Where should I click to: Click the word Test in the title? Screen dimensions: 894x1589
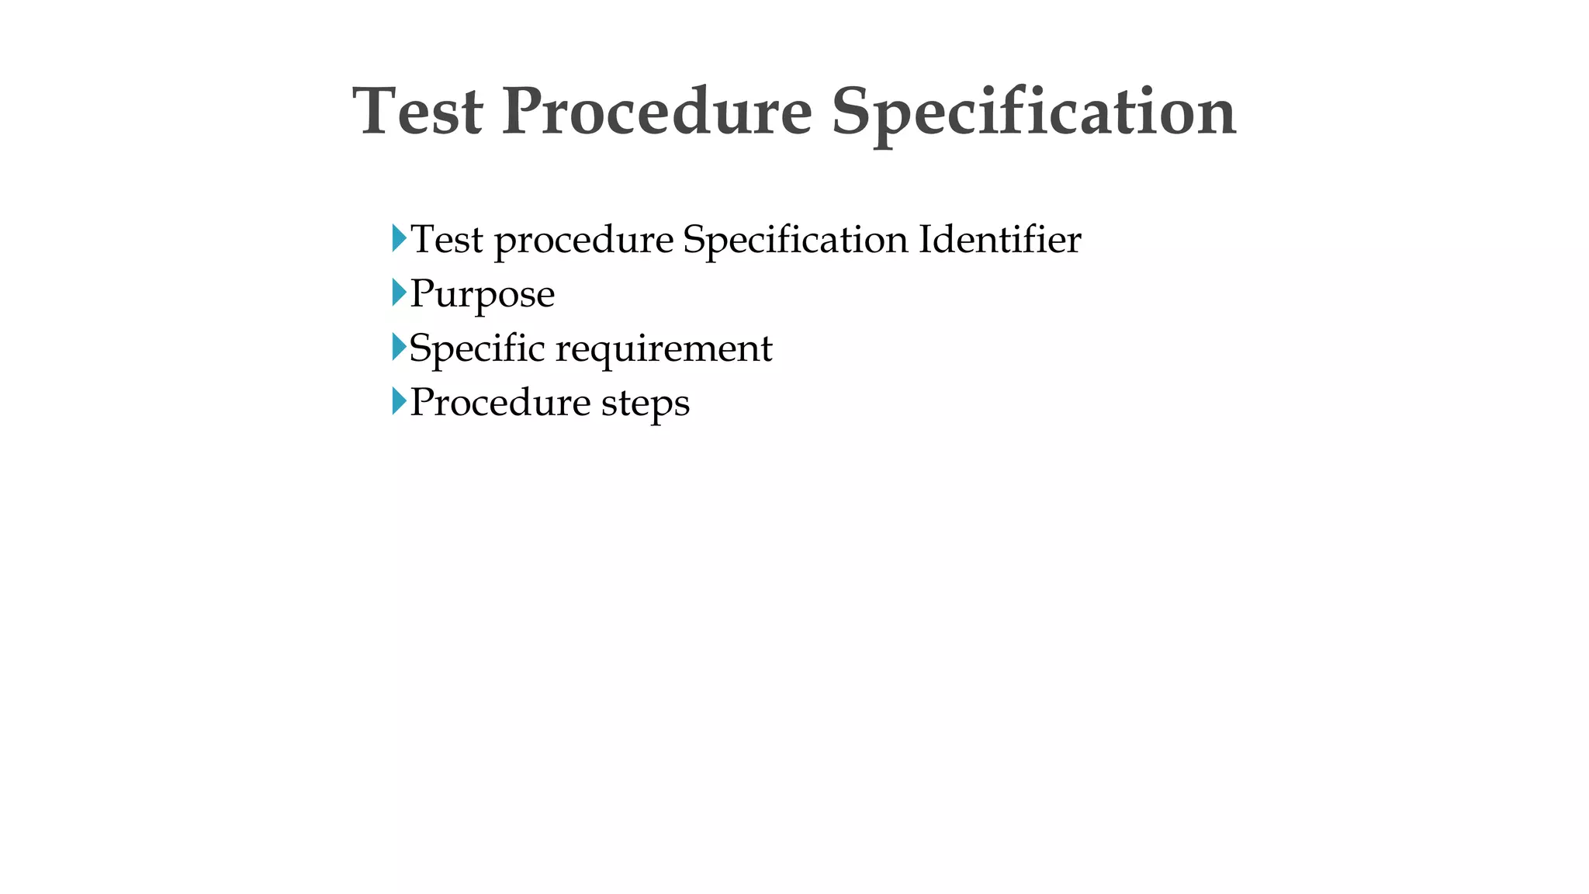[x=417, y=112]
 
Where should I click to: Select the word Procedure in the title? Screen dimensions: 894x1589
[x=656, y=112]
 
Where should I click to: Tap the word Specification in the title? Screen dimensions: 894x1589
[x=1033, y=113]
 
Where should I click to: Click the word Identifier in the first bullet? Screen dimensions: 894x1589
[x=999, y=239]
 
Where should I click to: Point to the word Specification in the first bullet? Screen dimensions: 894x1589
[x=795, y=241]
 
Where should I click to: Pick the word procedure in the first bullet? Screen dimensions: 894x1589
[x=583, y=241]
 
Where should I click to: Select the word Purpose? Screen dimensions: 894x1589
[x=482, y=295]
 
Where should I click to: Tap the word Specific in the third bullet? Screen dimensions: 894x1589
[x=476, y=348]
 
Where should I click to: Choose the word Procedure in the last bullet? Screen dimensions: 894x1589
[x=500, y=403]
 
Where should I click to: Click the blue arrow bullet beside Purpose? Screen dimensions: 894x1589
[x=399, y=293]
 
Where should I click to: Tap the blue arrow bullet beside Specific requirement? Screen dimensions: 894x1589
[x=399, y=347]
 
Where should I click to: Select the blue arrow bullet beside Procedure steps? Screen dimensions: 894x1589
[x=399, y=401]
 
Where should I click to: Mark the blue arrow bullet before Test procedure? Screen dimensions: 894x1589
[x=399, y=238]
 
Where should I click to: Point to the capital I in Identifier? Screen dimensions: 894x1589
[x=925, y=239]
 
